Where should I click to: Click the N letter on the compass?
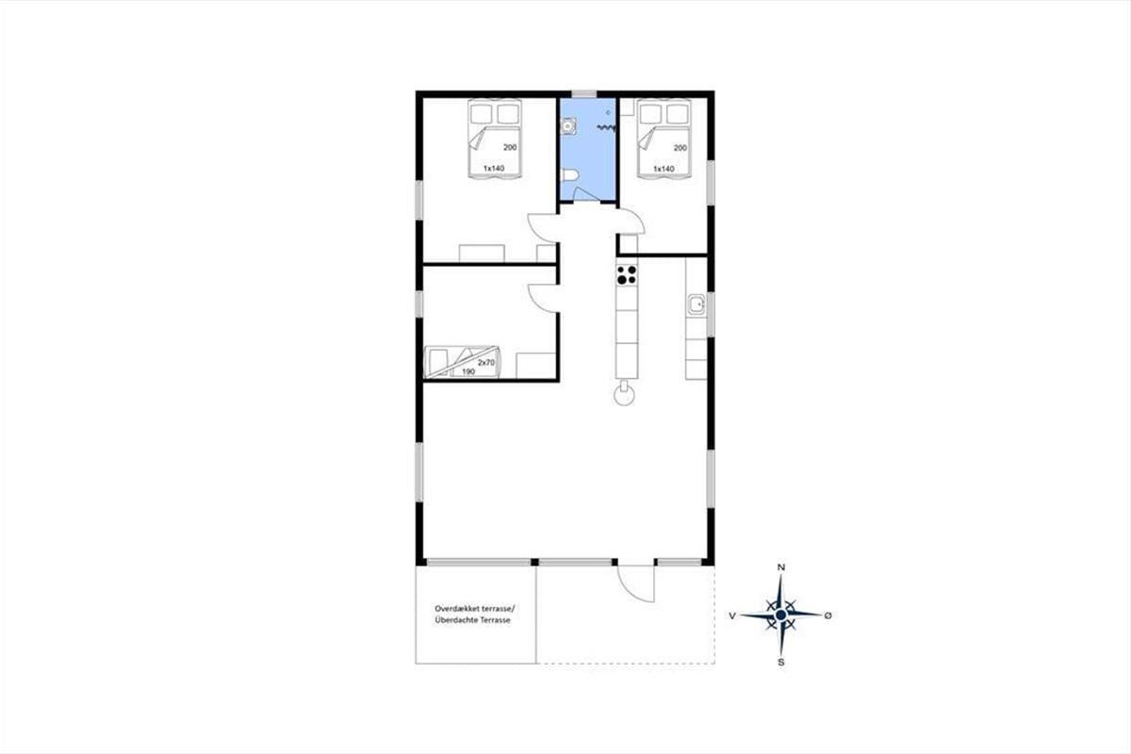(780, 567)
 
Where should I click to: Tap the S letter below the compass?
(781, 662)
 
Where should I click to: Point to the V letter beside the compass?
(732, 615)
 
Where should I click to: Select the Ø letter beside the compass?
(828, 615)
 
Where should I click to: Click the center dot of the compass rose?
(780, 615)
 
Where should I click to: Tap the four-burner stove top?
(627, 274)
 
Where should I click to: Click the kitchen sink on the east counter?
(697, 305)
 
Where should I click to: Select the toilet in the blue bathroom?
(570, 174)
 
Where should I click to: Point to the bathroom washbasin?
(568, 125)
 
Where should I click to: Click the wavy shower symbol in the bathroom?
(606, 128)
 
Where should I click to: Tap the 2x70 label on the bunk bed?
(486, 363)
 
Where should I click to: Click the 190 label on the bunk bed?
(468, 371)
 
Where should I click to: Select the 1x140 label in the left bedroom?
(494, 168)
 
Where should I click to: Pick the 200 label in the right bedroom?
(680, 148)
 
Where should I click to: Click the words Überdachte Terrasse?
(472, 620)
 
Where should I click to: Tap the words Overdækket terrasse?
(475, 609)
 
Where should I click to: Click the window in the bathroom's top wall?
(583, 94)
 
